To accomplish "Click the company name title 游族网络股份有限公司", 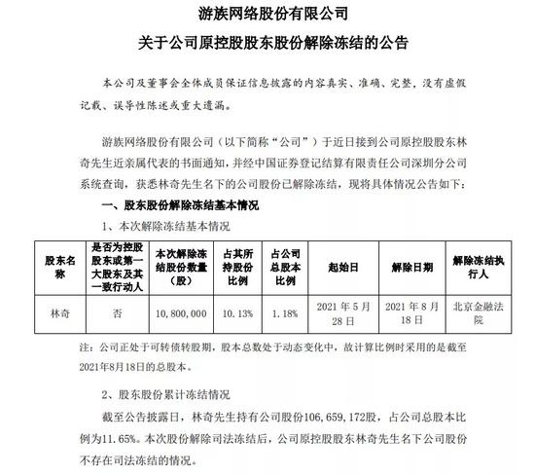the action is [x=267, y=16].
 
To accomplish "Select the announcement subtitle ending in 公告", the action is [x=267, y=45].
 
